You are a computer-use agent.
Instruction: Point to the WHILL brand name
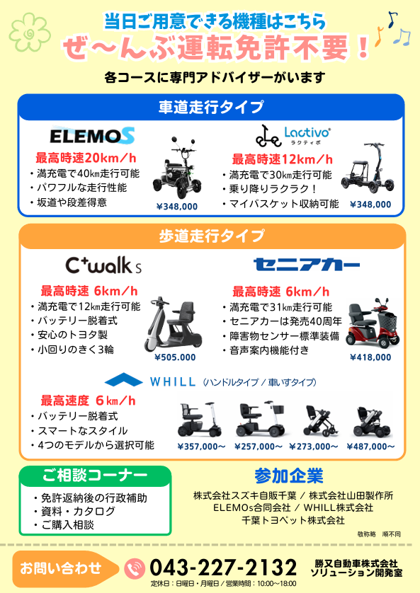point(173,381)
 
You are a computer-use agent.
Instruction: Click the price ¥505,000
point(175,357)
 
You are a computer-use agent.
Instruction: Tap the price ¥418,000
point(370,357)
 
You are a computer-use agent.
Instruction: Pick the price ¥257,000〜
point(259,447)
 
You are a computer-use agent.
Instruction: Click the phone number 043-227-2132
point(223,568)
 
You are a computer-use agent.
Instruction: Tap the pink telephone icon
point(134,568)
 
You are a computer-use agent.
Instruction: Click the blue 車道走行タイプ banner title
point(210,107)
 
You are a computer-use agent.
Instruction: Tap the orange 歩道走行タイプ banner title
point(210,236)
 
